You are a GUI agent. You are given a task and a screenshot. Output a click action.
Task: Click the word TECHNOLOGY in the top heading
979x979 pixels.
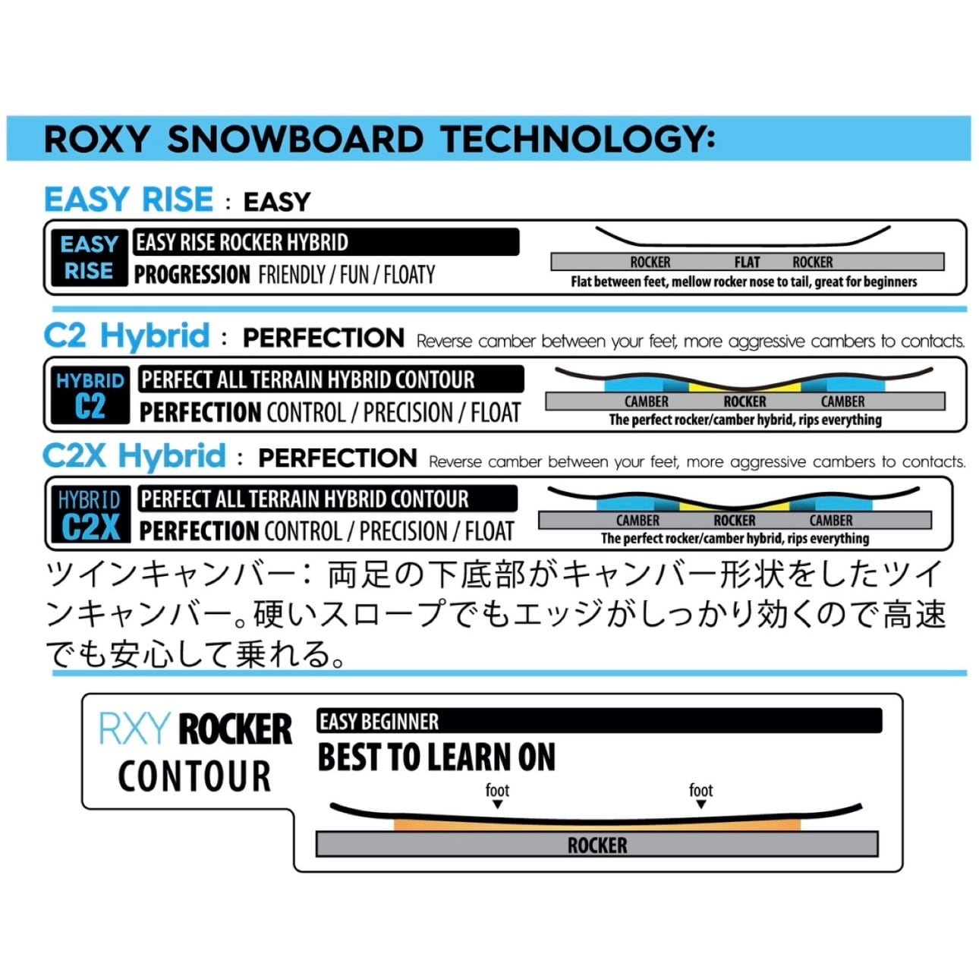[x=577, y=139]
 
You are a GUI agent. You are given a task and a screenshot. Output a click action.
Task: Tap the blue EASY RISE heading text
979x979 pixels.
[x=128, y=200]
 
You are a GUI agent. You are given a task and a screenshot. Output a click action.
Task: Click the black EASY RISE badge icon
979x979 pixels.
[x=89, y=258]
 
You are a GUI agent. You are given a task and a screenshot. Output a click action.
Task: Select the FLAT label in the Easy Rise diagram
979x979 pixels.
[x=747, y=263]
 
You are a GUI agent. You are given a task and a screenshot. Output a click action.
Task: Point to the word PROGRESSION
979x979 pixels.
[x=192, y=274]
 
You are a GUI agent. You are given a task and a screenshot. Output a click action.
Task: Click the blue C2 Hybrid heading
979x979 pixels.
[x=127, y=335]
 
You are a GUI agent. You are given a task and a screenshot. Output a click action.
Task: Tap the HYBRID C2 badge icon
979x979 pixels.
[x=90, y=395]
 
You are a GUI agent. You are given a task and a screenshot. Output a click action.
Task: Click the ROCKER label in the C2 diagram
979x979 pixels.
[x=744, y=401]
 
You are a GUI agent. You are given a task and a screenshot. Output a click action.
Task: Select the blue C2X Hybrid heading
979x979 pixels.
[x=134, y=456]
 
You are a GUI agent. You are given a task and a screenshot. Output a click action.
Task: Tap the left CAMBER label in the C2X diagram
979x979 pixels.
[x=637, y=521]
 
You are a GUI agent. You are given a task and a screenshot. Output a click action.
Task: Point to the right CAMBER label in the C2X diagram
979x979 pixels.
[x=831, y=521]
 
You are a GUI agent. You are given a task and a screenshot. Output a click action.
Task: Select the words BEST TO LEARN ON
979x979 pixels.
[x=436, y=757]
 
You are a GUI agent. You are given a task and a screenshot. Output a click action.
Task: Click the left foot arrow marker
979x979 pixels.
[x=497, y=804]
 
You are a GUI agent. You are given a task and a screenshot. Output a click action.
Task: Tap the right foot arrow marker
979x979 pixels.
[x=700, y=804]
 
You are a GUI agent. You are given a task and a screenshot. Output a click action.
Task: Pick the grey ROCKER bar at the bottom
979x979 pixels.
[x=597, y=845]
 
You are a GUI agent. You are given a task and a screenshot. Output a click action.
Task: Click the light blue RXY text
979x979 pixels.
[x=134, y=729]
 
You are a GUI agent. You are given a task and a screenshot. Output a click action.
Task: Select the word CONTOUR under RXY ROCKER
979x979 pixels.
[x=194, y=776]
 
